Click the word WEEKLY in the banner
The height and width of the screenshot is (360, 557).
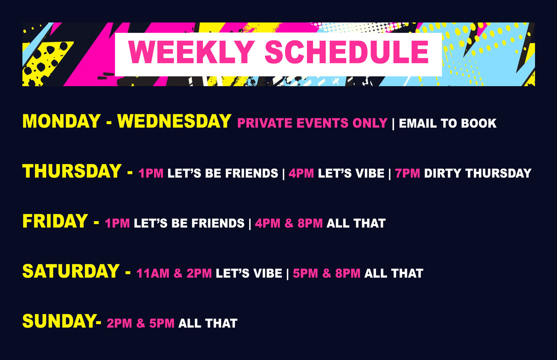191,52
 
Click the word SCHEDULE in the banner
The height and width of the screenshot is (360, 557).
347,52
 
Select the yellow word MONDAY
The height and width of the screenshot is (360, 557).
61,121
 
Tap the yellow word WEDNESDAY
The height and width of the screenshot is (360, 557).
174,121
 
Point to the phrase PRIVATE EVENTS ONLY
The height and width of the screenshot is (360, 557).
312,123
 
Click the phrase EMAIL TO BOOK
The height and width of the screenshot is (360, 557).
448,123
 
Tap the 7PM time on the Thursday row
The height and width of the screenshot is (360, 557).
407,174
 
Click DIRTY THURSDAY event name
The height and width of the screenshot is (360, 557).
478,174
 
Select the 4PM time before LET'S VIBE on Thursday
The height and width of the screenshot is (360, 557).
301,174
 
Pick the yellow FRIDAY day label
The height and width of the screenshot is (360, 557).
55,221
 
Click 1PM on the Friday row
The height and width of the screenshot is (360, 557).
117,223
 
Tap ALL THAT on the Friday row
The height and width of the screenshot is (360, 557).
356,223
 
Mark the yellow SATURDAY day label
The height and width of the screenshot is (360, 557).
71,271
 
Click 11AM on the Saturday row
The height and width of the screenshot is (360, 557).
153,273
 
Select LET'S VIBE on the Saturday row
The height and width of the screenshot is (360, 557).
249,273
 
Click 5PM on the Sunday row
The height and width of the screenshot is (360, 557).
162,323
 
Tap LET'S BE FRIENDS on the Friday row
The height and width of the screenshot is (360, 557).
189,223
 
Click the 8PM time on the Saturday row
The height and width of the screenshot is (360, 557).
348,273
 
